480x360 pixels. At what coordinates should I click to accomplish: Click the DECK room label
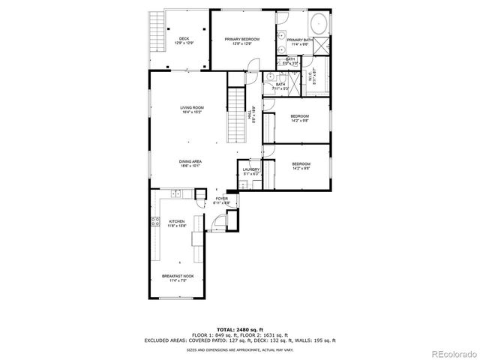(x=184, y=39)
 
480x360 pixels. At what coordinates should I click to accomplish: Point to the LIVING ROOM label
(x=191, y=108)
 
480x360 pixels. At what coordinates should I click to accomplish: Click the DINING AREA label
(x=190, y=162)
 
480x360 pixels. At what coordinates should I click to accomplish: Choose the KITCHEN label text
(x=176, y=221)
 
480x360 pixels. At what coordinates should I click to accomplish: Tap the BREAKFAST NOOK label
(x=177, y=276)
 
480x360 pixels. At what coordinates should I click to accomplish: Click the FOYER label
(x=221, y=199)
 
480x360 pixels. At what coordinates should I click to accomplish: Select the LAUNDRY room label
(x=251, y=169)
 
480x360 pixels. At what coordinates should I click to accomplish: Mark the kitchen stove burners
(x=156, y=221)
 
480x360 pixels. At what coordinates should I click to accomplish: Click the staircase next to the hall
(x=236, y=116)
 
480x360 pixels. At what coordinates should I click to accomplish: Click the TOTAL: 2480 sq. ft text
(x=239, y=328)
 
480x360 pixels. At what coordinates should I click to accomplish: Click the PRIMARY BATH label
(x=298, y=40)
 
